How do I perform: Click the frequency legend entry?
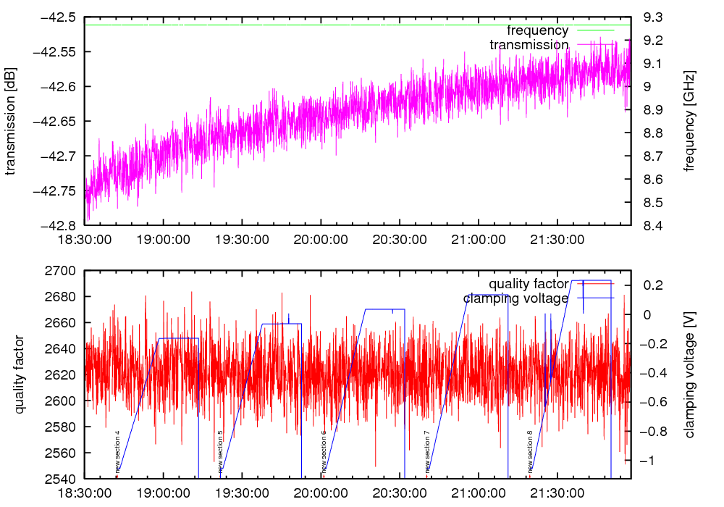[537, 30]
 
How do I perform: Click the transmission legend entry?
[529, 45]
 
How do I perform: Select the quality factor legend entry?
[528, 283]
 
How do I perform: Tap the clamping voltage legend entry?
[515, 298]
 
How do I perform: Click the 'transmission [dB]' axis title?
[11, 122]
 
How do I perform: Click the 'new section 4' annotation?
[117, 452]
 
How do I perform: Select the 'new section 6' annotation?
[324, 452]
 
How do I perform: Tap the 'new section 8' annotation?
[530, 452]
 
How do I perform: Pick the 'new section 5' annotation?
[220, 452]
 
